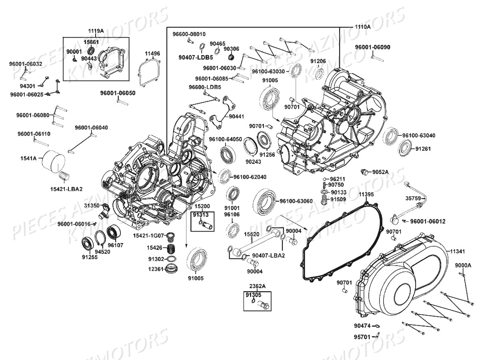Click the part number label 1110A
pyautogui.click(x=362, y=27)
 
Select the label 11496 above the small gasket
pyautogui.click(x=152, y=54)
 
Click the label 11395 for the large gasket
pyautogui.click(x=366, y=194)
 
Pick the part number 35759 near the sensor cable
pyautogui.click(x=413, y=198)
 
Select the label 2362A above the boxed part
pyautogui.click(x=257, y=286)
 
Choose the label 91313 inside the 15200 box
pyautogui.click(x=200, y=215)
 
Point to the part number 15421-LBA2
pyautogui.click(x=66, y=189)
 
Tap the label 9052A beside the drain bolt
pyautogui.click(x=380, y=172)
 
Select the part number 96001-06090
pyautogui.click(x=372, y=47)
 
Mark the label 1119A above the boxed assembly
pyautogui.click(x=96, y=31)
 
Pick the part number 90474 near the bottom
pyautogui.click(x=362, y=332)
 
